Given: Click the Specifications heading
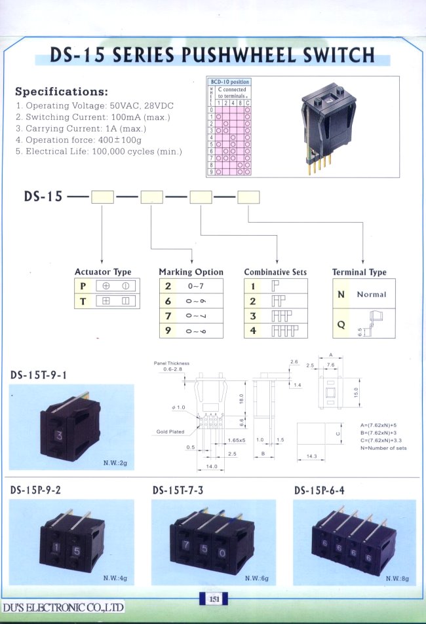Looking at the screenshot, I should (62, 92).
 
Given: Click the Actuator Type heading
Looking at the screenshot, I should (103, 272).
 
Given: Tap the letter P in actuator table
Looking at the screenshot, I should (83, 286).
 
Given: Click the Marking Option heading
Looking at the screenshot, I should (191, 272).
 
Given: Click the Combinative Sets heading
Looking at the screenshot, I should (275, 272).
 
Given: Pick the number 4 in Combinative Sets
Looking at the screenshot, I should (252, 331).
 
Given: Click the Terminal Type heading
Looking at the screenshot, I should (359, 272).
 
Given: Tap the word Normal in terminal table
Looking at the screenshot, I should (372, 295).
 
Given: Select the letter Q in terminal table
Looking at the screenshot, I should (341, 323).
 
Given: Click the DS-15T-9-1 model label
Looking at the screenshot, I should (39, 375).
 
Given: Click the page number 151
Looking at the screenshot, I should (213, 598).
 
